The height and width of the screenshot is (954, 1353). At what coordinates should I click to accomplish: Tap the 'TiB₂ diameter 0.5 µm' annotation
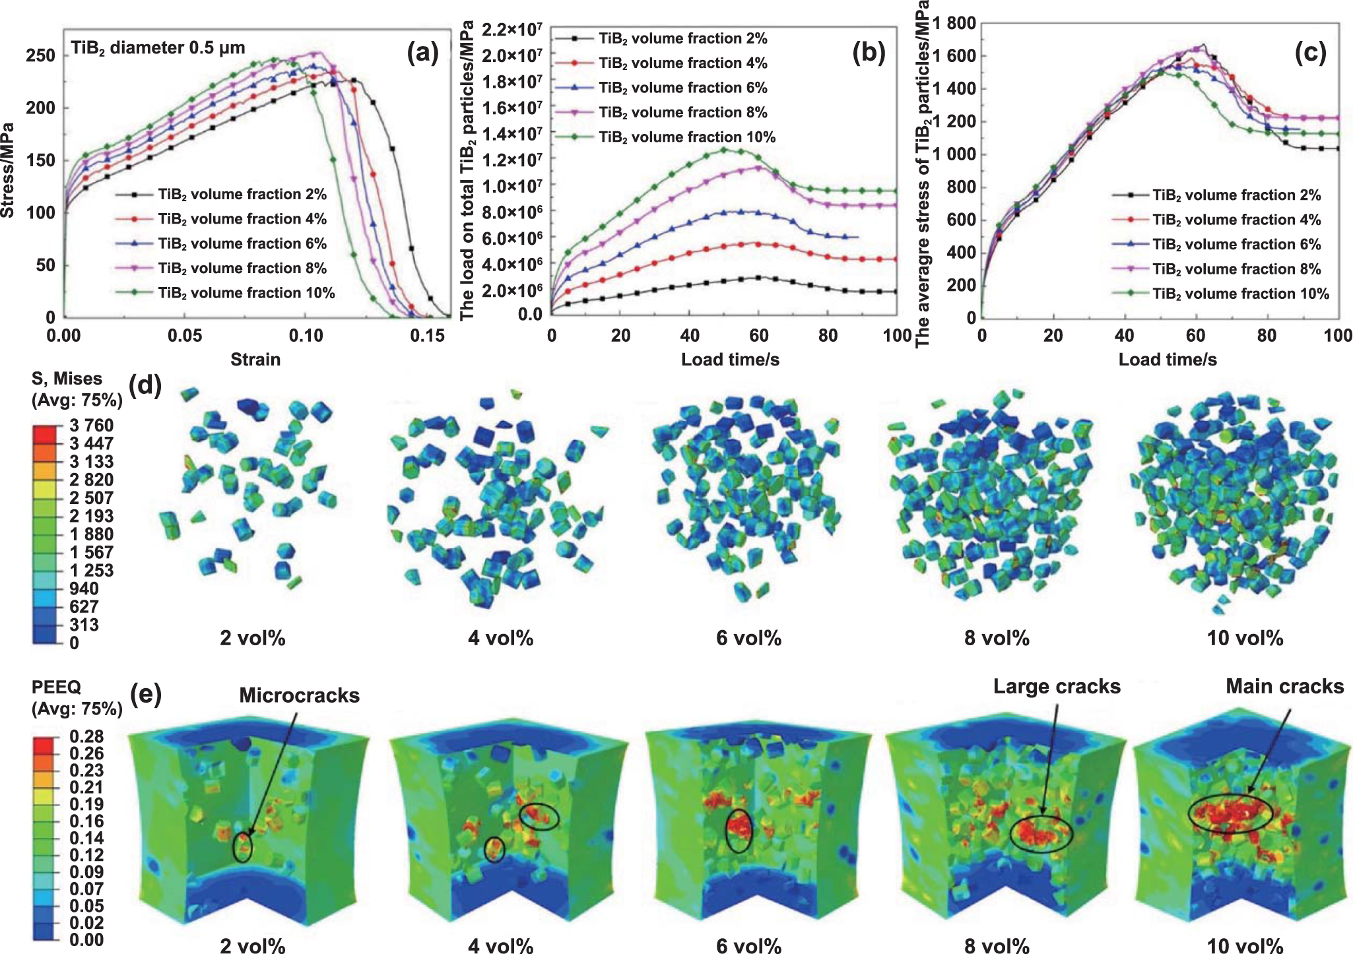158,48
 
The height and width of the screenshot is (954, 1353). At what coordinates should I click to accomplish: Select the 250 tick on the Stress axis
40,55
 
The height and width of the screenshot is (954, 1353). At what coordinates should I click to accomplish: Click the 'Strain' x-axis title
255,360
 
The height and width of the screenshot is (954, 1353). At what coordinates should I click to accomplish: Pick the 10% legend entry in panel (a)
246,293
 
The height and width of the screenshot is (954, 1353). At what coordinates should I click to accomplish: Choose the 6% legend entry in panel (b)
682,88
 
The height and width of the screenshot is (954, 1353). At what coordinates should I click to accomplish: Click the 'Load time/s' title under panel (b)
730,360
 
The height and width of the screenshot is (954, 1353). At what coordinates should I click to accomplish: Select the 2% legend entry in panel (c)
1236,195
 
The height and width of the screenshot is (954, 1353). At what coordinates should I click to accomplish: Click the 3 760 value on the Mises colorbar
91,426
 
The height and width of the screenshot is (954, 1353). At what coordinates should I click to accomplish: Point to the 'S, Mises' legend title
67,379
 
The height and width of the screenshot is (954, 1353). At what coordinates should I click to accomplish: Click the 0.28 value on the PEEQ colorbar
86,736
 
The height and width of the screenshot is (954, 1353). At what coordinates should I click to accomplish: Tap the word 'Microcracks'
299,695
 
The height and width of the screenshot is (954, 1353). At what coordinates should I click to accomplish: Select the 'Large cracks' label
1057,687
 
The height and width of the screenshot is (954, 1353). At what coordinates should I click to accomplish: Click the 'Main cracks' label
1284,687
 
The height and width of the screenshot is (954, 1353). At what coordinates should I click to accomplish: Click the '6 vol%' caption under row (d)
748,639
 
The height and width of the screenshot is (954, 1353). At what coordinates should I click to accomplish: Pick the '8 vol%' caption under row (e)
997,946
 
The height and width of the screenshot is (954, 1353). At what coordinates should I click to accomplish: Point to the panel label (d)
146,385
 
